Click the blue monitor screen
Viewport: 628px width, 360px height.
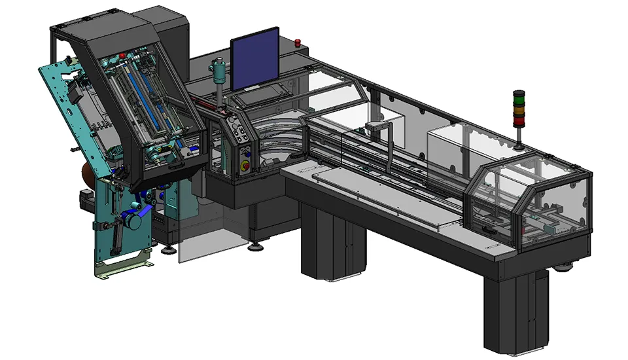click(x=255, y=60)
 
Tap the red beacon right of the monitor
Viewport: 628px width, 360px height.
click(x=298, y=44)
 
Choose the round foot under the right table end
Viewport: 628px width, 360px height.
click(x=563, y=266)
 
